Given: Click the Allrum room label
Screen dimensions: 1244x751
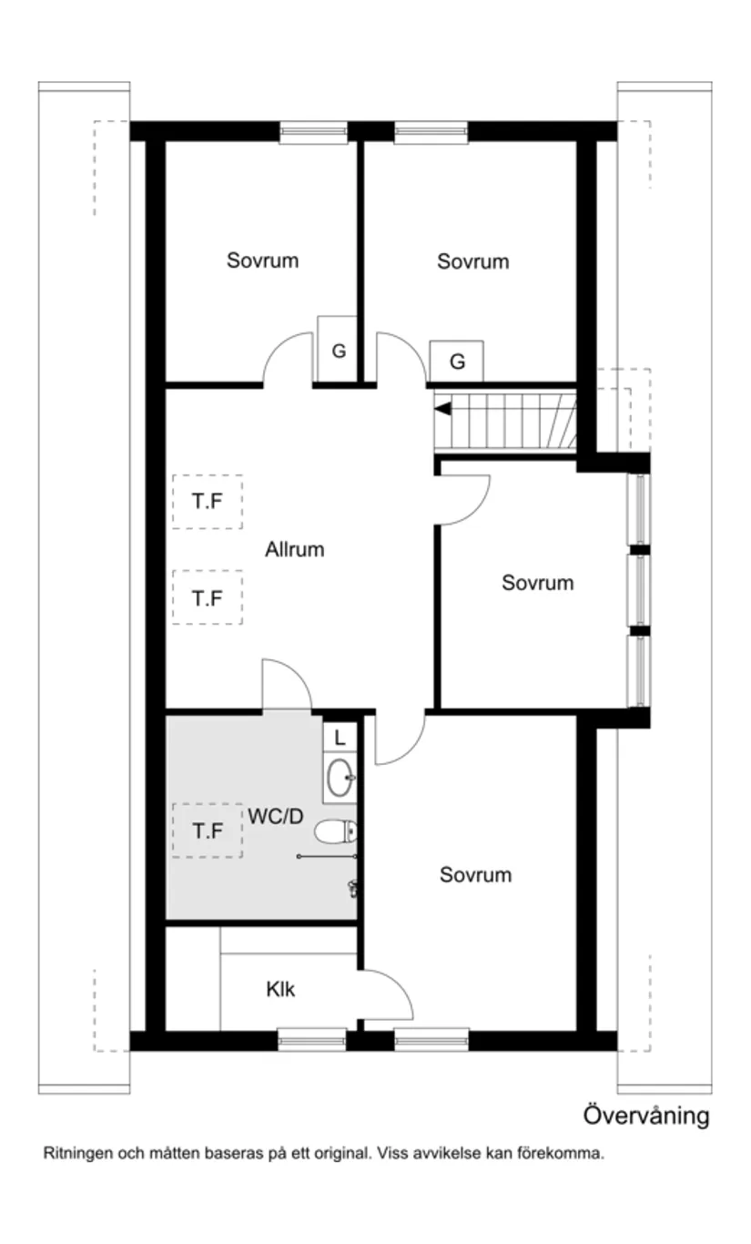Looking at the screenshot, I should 295,550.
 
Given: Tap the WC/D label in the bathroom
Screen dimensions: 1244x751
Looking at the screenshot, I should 275,817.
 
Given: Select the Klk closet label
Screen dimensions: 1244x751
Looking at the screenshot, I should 280,989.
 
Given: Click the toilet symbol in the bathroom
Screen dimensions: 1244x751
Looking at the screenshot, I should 337,831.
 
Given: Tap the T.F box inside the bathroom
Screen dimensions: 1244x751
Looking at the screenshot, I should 208,831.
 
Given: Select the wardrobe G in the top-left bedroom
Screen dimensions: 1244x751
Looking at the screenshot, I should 338,350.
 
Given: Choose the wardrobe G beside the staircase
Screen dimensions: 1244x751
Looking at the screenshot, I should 457,362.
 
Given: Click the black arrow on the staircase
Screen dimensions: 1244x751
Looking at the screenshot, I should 442,410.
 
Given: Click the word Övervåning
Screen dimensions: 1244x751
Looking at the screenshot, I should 645,1116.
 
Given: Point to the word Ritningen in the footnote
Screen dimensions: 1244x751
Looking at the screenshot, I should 76,1154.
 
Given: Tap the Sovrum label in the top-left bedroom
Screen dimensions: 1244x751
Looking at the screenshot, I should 262,261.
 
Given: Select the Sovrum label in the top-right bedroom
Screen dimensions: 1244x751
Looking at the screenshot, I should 472,262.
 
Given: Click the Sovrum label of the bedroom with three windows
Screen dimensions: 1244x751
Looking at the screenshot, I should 537,583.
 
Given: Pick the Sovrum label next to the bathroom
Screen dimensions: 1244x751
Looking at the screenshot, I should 475,875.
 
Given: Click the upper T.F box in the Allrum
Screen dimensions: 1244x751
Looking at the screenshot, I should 208,502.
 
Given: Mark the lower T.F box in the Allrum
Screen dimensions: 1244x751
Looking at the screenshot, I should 208,598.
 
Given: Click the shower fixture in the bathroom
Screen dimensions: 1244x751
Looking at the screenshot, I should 352,888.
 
